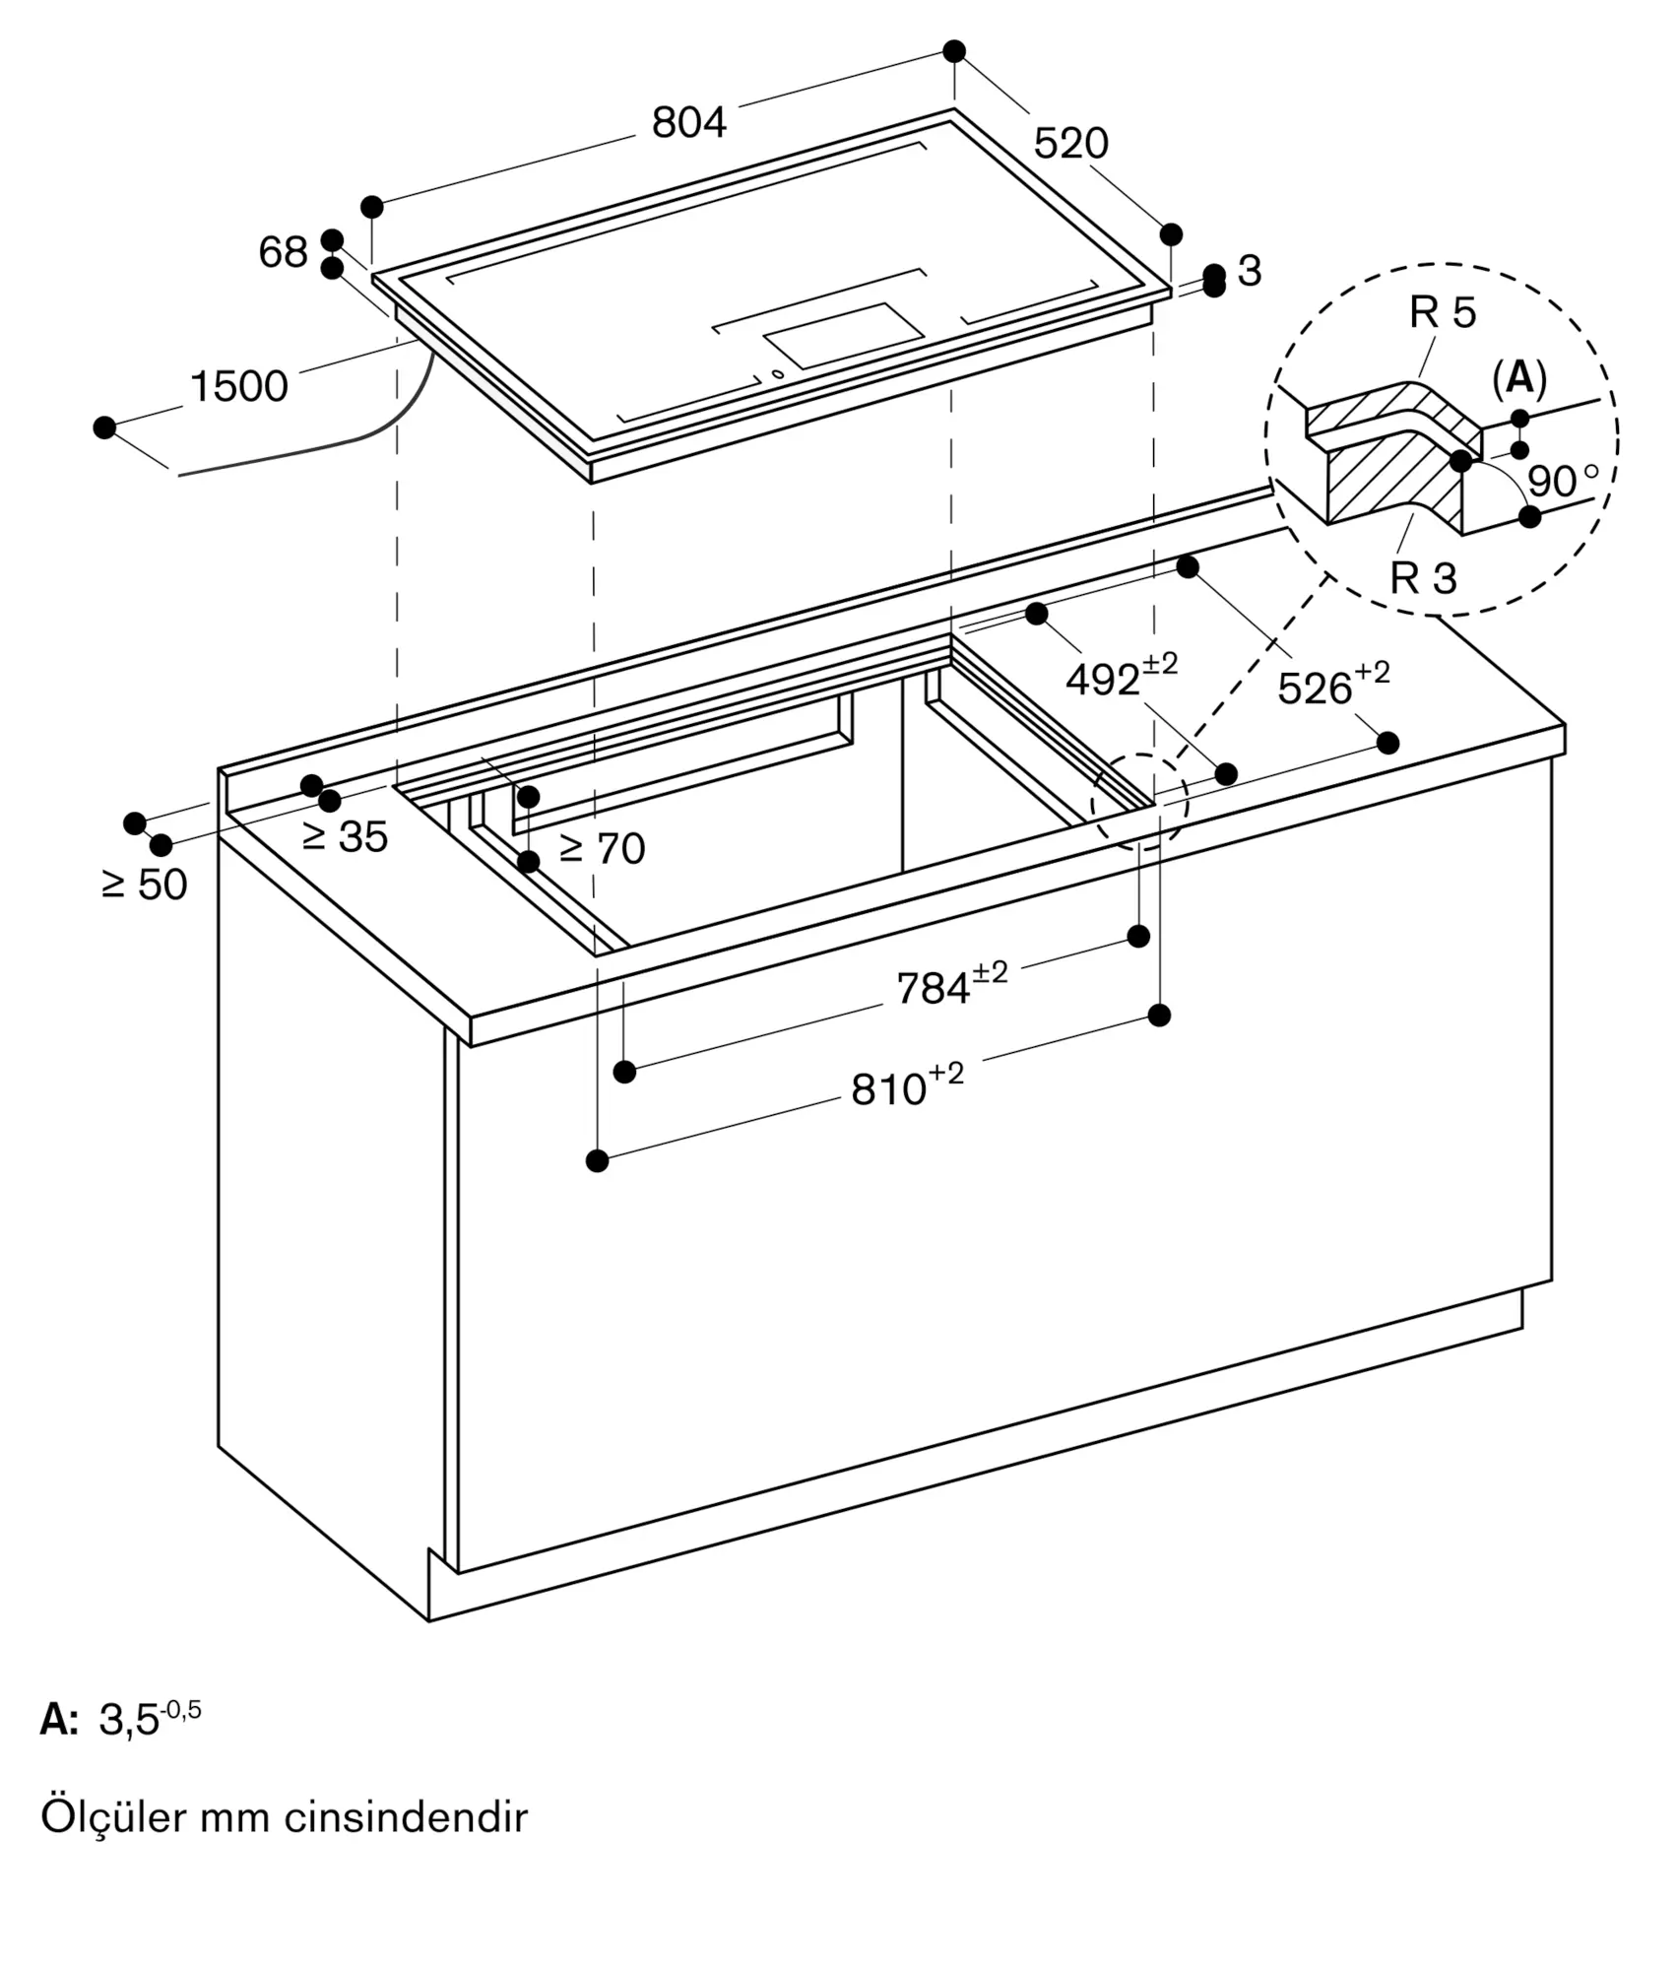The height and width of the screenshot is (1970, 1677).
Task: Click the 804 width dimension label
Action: point(689,122)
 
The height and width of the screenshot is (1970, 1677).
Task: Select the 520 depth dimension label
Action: point(1071,144)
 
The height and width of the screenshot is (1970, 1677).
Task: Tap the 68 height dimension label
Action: point(284,252)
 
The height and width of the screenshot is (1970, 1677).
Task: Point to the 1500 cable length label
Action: point(239,386)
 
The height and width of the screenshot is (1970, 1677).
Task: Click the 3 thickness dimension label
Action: point(1250,271)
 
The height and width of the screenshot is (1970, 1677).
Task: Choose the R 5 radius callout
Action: point(1443,312)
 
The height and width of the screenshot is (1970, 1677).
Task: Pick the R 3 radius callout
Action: point(1423,578)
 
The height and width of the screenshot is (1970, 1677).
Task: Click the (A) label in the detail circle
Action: point(1519,377)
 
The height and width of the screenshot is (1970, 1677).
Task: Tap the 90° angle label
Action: point(1563,480)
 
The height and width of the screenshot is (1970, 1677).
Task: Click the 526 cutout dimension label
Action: point(1333,685)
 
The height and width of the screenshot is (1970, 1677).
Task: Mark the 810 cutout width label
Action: point(907,1085)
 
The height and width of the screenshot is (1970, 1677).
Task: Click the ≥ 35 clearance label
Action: point(345,837)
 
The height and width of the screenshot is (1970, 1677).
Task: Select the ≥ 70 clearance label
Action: point(602,848)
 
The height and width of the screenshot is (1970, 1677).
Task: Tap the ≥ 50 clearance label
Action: point(144,885)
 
